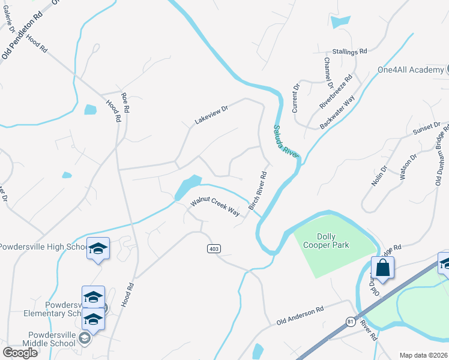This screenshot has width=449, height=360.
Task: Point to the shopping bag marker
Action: [382, 268]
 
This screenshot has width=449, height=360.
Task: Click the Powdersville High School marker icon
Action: [98, 248]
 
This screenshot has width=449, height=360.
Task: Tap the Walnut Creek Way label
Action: [215, 206]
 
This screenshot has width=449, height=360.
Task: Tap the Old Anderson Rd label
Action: [300, 316]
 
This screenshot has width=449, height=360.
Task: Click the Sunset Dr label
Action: [427, 127]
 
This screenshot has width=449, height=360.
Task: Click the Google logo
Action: [20, 352]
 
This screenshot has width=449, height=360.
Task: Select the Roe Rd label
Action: [125, 103]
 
